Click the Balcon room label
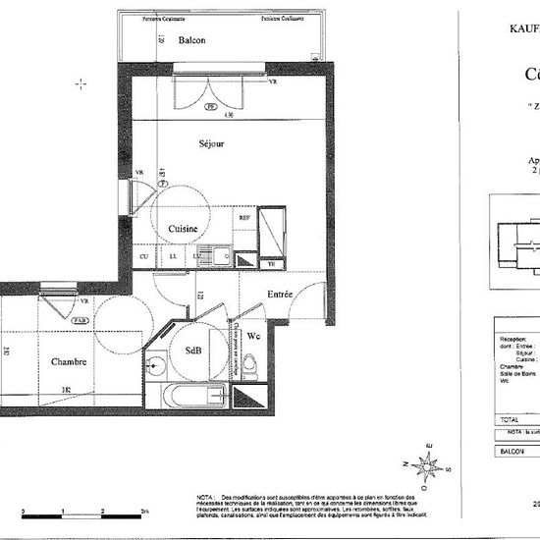(x=191, y=40)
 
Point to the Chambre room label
(x=70, y=361)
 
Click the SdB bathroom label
(x=192, y=351)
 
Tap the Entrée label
(x=281, y=294)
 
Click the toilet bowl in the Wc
(x=250, y=366)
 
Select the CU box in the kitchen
(x=143, y=257)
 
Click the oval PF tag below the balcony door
(x=209, y=108)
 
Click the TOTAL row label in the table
(x=510, y=419)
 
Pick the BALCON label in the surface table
(x=512, y=451)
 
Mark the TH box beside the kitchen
(x=271, y=263)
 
